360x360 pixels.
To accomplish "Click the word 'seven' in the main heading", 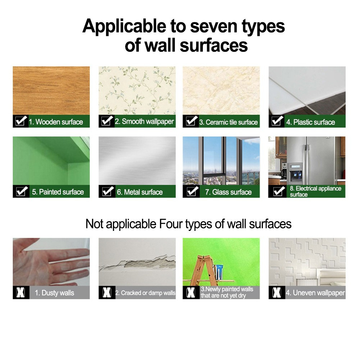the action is click(x=214, y=26).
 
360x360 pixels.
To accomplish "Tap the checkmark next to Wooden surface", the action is click(x=21, y=120).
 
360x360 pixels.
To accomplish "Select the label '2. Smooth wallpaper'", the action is click(x=144, y=122).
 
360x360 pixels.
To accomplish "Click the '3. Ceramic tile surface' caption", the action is click(x=228, y=122).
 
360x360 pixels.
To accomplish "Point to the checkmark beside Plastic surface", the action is click(x=277, y=121).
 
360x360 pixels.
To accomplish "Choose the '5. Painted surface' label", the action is click(x=58, y=192).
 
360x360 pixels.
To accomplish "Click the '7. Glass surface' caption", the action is click(x=228, y=192).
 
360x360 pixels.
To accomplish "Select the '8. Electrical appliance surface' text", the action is click(x=315, y=191).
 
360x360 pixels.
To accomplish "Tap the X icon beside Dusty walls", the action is click(x=20, y=292).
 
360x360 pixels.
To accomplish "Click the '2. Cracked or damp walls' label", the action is click(x=145, y=293).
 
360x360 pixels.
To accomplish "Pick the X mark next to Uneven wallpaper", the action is click(x=277, y=292).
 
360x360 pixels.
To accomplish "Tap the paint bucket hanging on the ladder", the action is click(x=218, y=272).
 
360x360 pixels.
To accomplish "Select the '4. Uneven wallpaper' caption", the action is click(x=315, y=293).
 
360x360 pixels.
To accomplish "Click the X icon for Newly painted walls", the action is click(x=191, y=292).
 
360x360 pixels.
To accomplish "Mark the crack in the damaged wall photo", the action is click(x=138, y=264).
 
